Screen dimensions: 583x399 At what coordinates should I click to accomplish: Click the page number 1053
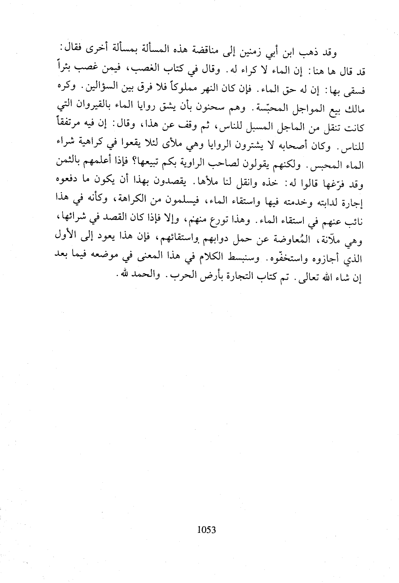coord(207,529)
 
